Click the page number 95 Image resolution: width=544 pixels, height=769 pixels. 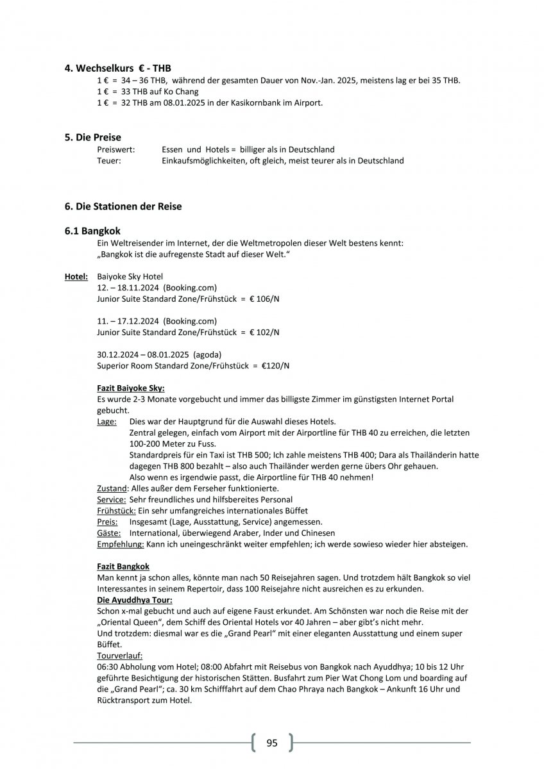coord(272,743)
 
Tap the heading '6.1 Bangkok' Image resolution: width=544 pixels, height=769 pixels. coord(92,231)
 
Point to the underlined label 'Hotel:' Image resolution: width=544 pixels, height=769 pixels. coord(76,277)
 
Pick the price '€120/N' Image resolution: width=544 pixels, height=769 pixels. coord(275,366)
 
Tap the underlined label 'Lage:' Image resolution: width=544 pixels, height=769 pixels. coord(106,422)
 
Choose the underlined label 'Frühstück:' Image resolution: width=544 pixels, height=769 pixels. coord(116,511)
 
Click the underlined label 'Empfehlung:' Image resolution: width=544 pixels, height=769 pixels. coord(120,544)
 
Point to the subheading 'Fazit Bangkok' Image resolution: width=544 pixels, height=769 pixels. coord(123,566)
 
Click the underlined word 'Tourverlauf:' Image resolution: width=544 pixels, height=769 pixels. coord(120,656)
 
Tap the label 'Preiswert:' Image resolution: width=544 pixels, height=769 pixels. coord(115,149)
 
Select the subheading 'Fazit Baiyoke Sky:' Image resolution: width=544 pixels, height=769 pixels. coord(131,388)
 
